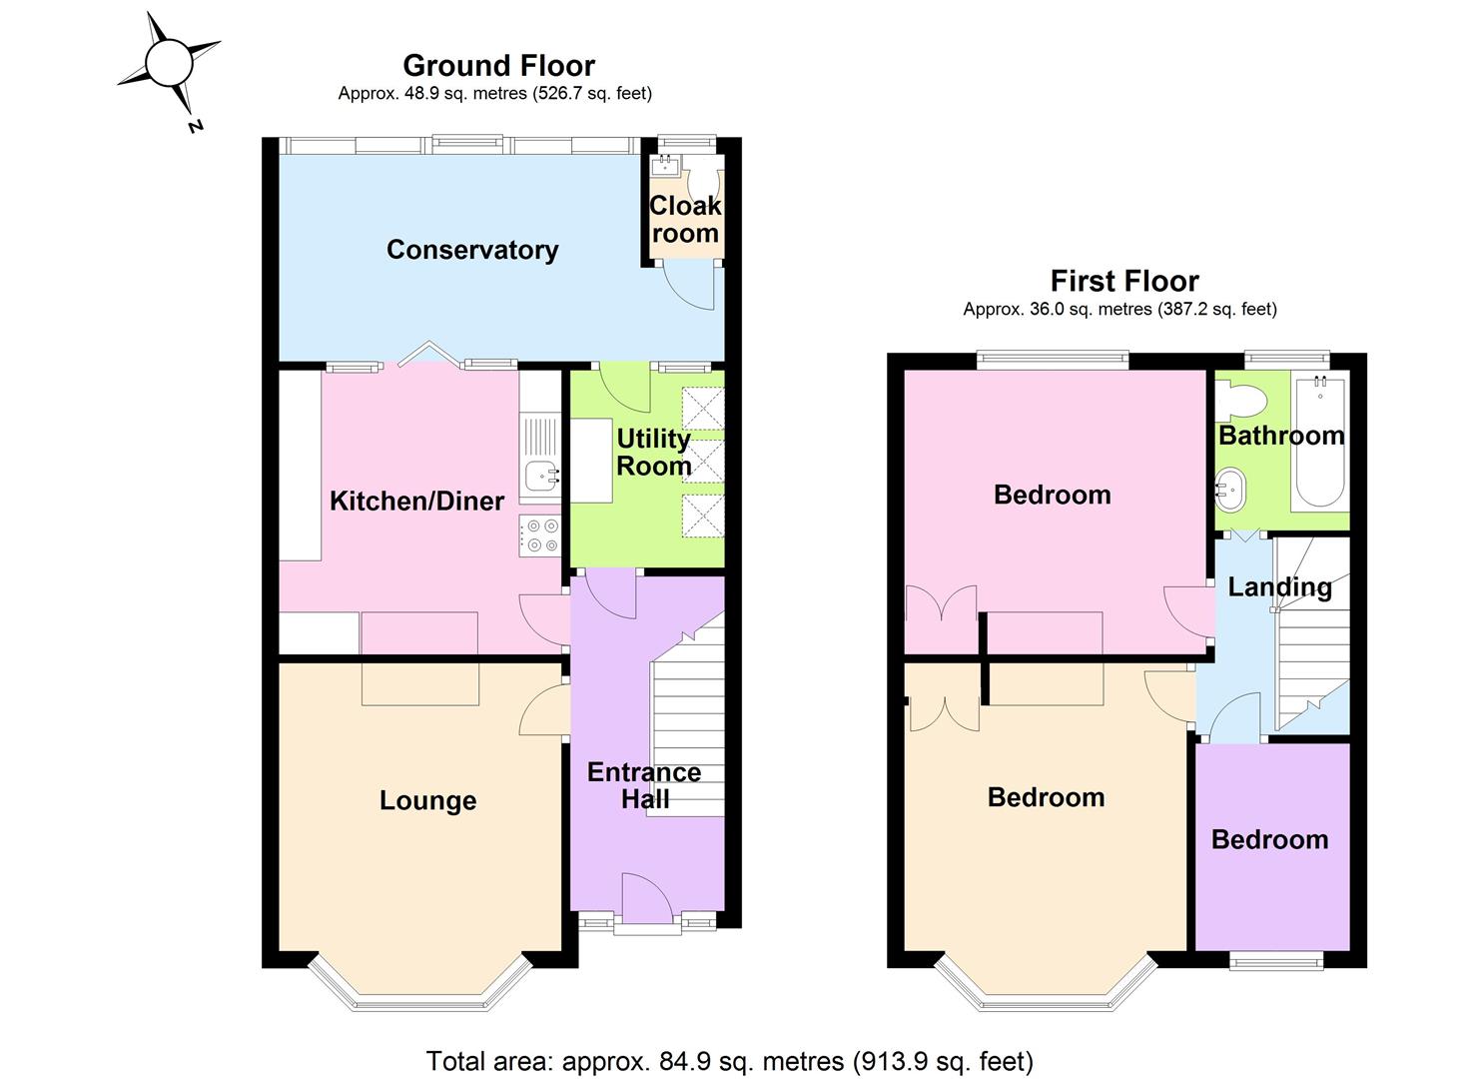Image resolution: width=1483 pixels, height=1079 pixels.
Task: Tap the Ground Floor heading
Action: click(x=498, y=66)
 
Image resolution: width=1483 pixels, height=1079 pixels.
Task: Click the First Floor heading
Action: click(x=1123, y=281)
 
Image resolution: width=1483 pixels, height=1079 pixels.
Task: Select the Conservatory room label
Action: click(x=471, y=250)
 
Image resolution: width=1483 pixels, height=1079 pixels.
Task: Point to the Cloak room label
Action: click(x=684, y=219)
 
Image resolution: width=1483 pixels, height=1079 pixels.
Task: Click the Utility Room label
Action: click(x=653, y=453)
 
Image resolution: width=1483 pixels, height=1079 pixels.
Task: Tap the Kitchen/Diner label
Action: click(x=416, y=501)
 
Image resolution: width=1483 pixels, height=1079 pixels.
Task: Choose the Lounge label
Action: click(x=427, y=800)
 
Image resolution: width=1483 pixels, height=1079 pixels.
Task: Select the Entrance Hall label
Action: click(x=644, y=785)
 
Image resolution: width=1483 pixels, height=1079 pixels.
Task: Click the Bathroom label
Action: click(x=1280, y=436)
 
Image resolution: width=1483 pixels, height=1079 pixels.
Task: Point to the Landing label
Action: click(x=1279, y=586)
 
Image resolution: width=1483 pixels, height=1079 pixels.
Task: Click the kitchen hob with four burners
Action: click(x=540, y=536)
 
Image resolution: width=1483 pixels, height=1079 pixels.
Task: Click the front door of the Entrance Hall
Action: click(x=647, y=899)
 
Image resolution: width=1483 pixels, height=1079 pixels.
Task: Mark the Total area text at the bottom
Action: click(x=729, y=1060)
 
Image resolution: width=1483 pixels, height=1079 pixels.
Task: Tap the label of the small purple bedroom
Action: click(x=1269, y=839)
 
